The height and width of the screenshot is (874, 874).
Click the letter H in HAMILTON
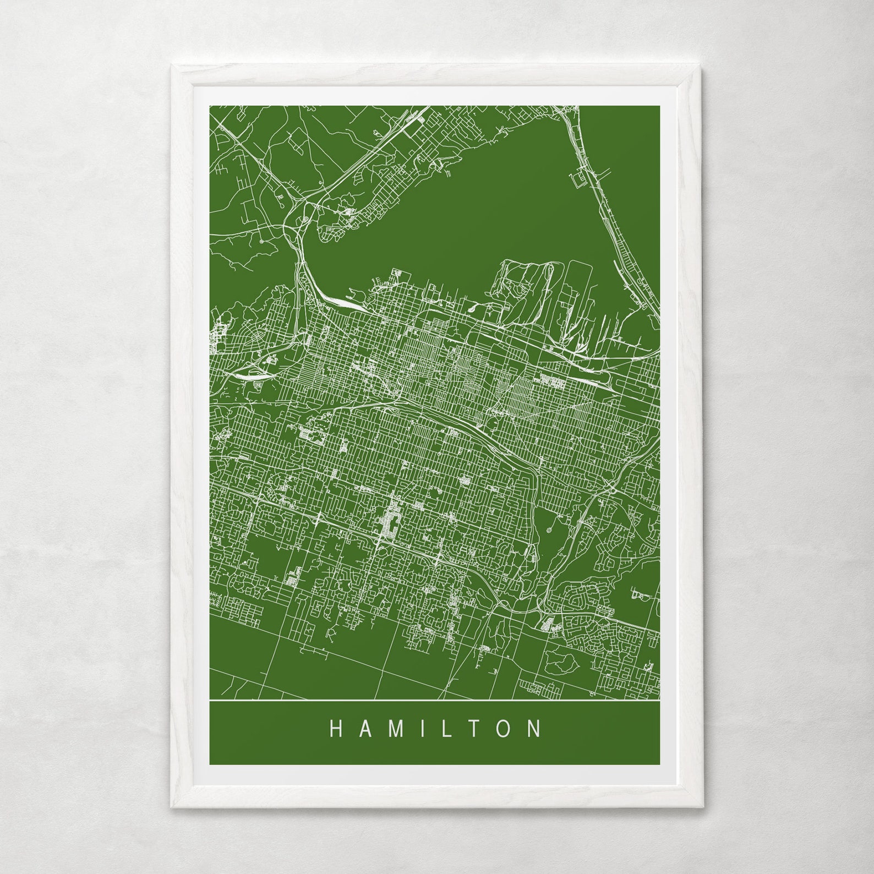tap(336, 729)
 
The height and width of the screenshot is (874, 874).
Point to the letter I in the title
tap(419, 729)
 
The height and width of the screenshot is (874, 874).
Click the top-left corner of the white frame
tap(172, 67)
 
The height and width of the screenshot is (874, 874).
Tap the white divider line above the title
tap(435, 700)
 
